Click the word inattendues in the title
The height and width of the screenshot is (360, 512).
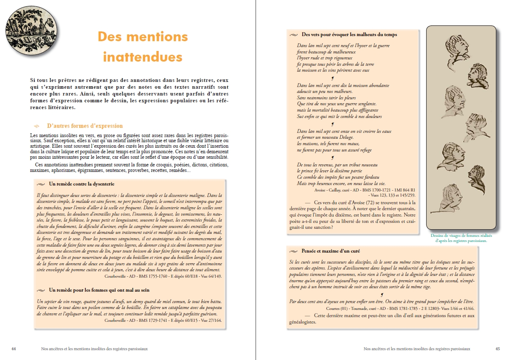click(143, 57)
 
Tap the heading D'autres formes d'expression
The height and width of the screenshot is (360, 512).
click(85, 126)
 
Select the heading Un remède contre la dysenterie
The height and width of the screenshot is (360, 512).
click(82, 184)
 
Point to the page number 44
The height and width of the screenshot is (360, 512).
click(14, 349)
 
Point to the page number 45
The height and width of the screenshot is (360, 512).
click(498, 349)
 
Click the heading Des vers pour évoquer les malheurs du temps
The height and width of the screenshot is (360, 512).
click(349, 34)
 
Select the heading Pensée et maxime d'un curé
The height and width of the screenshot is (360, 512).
click(331, 251)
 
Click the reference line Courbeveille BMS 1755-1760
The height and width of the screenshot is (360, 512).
click(163, 276)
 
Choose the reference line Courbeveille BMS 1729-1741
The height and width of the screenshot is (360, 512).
click(163, 320)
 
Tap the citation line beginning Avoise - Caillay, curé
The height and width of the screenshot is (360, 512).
click(365, 190)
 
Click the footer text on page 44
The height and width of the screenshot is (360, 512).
click(94, 349)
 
